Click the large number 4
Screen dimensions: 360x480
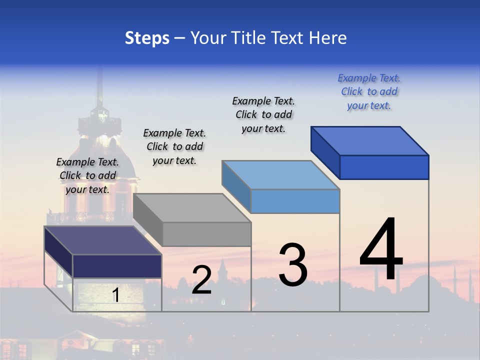(381, 250)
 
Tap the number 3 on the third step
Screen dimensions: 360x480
(293, 265)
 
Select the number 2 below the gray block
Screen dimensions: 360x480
(201, 280)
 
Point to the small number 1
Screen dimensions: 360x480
(115, 295)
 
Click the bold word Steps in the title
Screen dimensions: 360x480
(147, 38)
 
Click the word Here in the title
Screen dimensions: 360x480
(328, 38)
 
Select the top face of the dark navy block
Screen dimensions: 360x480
(102, 240)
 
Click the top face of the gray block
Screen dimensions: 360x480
(191, 208)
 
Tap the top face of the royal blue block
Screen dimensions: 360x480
(369, 141)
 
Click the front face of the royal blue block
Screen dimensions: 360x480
(384, 167)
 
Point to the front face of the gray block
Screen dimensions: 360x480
(206, 234)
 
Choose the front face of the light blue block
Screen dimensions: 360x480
(295, 201)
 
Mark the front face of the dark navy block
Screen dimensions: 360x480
(117, 266)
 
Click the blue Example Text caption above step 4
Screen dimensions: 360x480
(369, 91)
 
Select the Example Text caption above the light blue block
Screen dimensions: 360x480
(263, 114)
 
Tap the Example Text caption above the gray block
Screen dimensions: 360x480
(174, 146)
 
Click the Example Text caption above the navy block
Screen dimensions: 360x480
(87, 175)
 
